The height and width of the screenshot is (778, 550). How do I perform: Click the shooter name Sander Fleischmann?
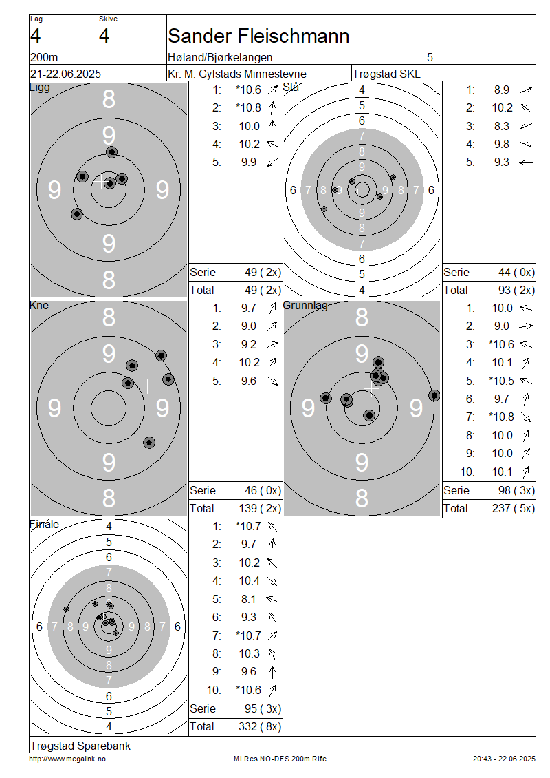(258, 36)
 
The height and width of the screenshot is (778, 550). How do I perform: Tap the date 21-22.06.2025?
(65, 74)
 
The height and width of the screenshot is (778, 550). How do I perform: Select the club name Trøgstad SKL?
(386, 74)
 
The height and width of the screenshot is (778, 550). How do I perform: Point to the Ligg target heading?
(40, 87)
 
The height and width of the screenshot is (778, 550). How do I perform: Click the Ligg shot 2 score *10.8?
(249, 107)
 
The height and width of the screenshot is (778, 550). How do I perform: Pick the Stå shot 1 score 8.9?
(501, 90)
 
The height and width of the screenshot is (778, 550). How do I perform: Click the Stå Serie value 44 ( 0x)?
(516, 273)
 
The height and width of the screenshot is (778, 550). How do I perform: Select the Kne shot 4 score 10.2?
(250, 363)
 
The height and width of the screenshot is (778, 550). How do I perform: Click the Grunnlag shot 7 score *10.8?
(501, 417)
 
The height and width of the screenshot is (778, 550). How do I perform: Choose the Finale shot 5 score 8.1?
(249, 600)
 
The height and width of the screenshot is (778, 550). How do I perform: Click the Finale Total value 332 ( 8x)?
(260, 727)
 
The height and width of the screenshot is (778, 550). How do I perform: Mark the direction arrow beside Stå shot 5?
(526, 162)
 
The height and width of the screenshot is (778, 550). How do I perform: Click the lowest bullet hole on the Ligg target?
(77, 214)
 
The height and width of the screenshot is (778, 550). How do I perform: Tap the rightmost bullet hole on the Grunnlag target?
(434, 395)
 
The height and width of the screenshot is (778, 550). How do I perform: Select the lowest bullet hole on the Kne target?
(149, 443)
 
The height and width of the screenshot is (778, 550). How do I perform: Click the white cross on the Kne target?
(146, 386)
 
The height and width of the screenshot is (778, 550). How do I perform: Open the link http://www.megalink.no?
(67, 759)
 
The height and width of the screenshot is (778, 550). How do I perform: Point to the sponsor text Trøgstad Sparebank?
(80, 746)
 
